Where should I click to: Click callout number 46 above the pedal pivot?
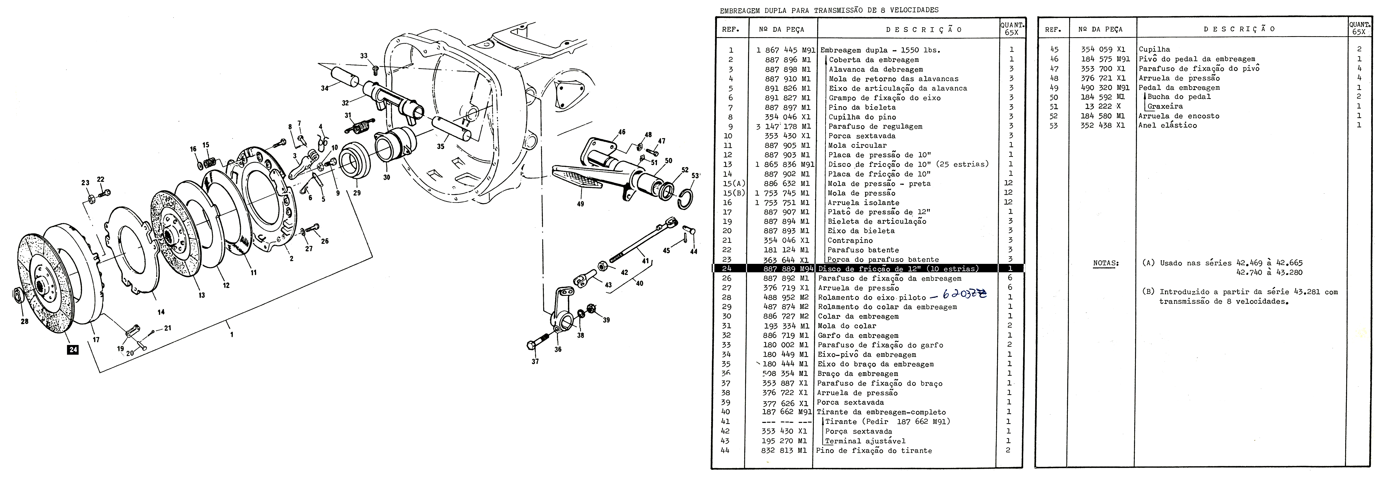[x=622, y=132]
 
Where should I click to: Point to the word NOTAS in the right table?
[x=1106, y=263]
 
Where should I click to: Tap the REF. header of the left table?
[x=731, y=30]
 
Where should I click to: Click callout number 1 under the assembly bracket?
[x=231, y=334]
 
